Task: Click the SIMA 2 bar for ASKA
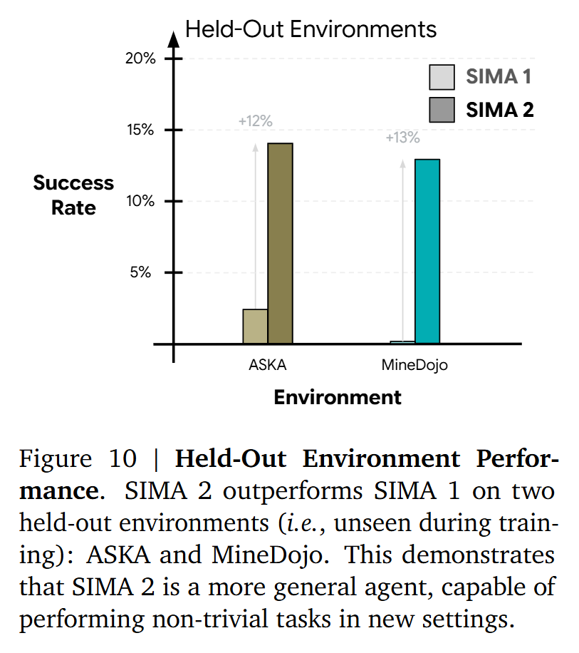(280, 243)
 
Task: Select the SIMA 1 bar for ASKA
(255, 326)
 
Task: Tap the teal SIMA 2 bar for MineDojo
(427, 251)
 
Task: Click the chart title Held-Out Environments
(311, 29)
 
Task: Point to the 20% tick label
(140, 58)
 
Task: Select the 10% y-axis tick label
(140, 201)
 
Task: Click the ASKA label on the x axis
(267, 366)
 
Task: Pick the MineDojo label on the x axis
(414, 366)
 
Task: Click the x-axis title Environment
(338, 397)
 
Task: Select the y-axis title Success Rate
(73, 195)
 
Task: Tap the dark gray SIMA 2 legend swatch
(442, 110)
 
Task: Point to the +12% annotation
(255, 121)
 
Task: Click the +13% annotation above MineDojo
(402, 138)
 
